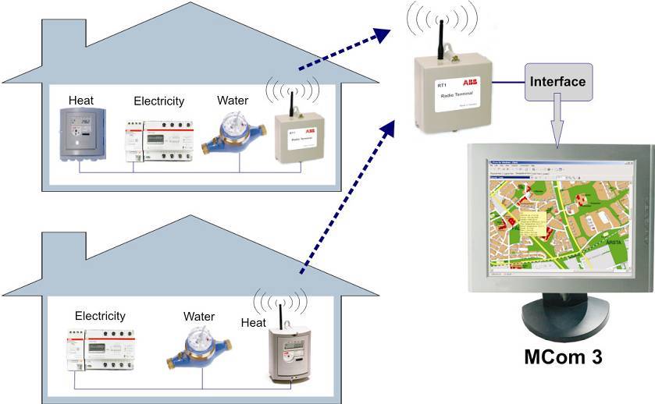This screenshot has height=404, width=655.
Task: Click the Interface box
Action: [x=557, y=80]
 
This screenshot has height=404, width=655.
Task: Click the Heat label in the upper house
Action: [x=81, y=100]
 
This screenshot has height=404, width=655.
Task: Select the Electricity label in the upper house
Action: [x=158, y=101]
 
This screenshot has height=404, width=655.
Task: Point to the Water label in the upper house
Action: [x=233, y=100]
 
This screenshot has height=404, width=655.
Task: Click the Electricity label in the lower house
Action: [x=100, y=316]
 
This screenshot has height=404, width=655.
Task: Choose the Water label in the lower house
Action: [x=199, y=317]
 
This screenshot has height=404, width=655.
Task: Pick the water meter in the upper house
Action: [x=233, y=132]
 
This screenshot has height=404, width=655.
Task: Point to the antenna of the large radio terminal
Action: [x=441, y=34]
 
